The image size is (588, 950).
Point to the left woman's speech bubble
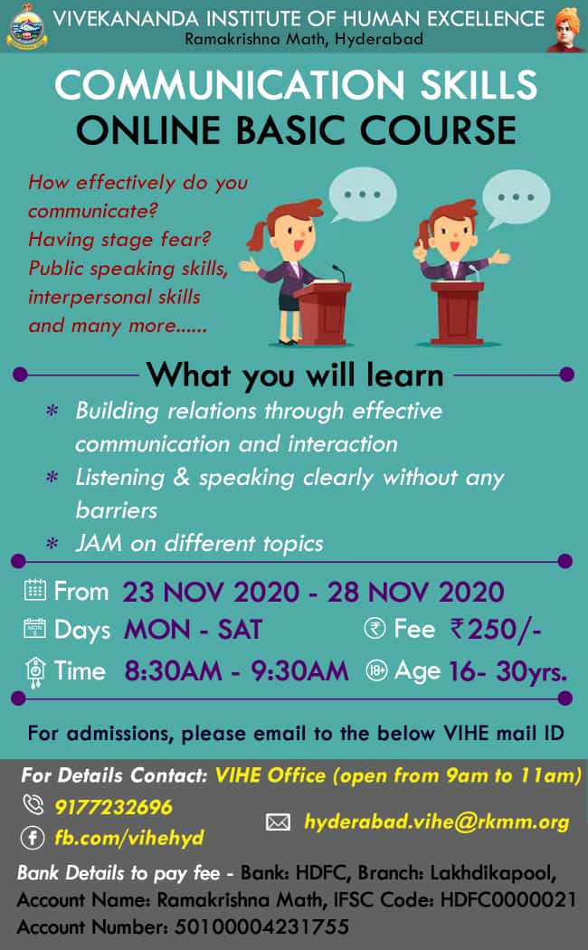pos(362,195)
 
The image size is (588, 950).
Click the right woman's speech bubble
pos(516,197)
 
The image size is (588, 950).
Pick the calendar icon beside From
pos(35,590)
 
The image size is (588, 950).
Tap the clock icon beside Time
pos(35,672)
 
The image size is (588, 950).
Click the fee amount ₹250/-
pos(496,630)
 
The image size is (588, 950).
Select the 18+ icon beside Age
pos(376,670)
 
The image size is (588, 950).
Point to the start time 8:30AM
pos(173,670)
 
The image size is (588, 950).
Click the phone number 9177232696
pos(113,807)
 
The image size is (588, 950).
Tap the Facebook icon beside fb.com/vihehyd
pos(33,838)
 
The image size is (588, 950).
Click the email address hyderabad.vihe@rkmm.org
pos(437,822)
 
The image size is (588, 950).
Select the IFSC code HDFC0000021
pos(508,899)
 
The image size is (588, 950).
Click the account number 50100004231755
pos(261,926)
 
